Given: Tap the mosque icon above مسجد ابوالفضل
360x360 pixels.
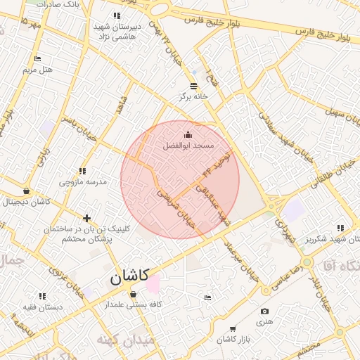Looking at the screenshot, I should [x=188, y=134].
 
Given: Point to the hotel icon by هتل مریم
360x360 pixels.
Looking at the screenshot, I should [x=37, y=58].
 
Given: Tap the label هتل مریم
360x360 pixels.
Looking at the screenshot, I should [x=37, y=70].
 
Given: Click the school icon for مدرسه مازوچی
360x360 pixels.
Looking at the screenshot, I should [x=82, y=171].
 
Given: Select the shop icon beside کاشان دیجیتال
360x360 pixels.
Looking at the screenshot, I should [x=26, y=191].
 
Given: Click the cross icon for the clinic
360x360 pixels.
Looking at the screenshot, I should [x=86, y=218].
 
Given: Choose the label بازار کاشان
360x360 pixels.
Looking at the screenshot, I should [x=234, y=340].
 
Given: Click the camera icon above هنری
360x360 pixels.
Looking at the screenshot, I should [x=264, y=311].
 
